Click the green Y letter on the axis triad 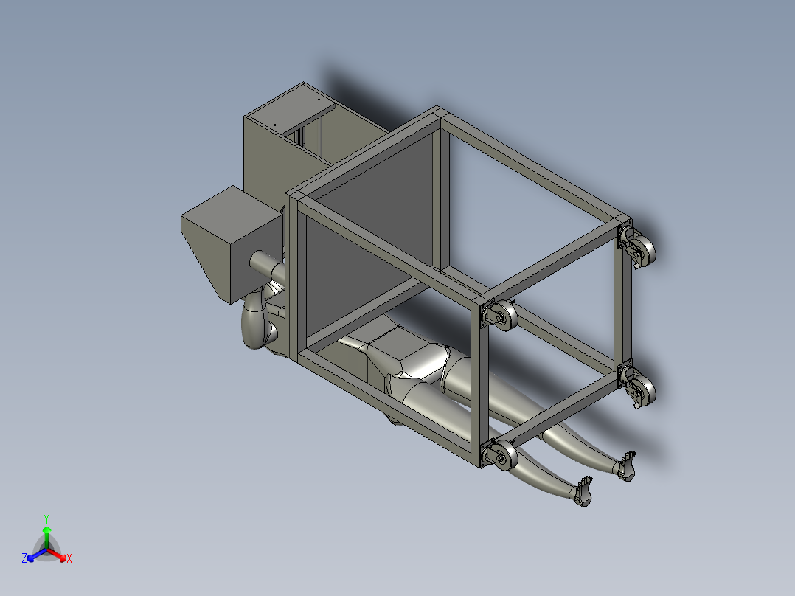(46, 519)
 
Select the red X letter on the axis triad (69, 559)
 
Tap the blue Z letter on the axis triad (24, 559)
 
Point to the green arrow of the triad (46, 534)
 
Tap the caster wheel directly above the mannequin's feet (638, 388)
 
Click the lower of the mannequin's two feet (583, 493)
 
